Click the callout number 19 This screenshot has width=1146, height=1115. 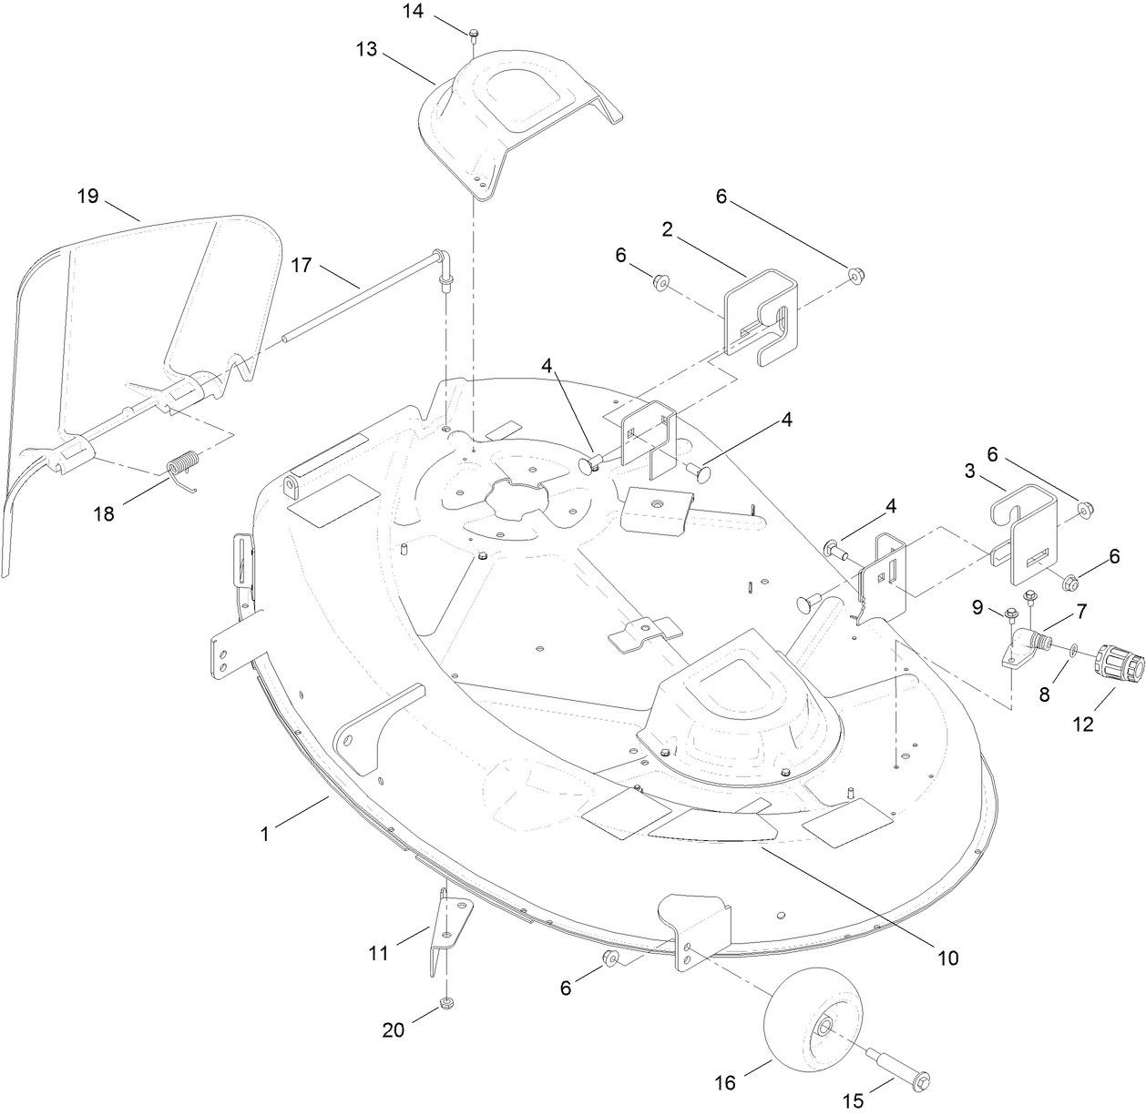click(87, 197)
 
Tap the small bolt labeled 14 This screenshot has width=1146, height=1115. click(474, 35)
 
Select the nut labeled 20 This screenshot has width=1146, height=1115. click(446, 1003)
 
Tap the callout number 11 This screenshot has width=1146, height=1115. click(379, 953)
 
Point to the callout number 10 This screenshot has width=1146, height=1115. click(947, 957)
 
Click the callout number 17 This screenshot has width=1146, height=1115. click(302, 265)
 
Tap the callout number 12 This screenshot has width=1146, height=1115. click(1083, 725)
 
